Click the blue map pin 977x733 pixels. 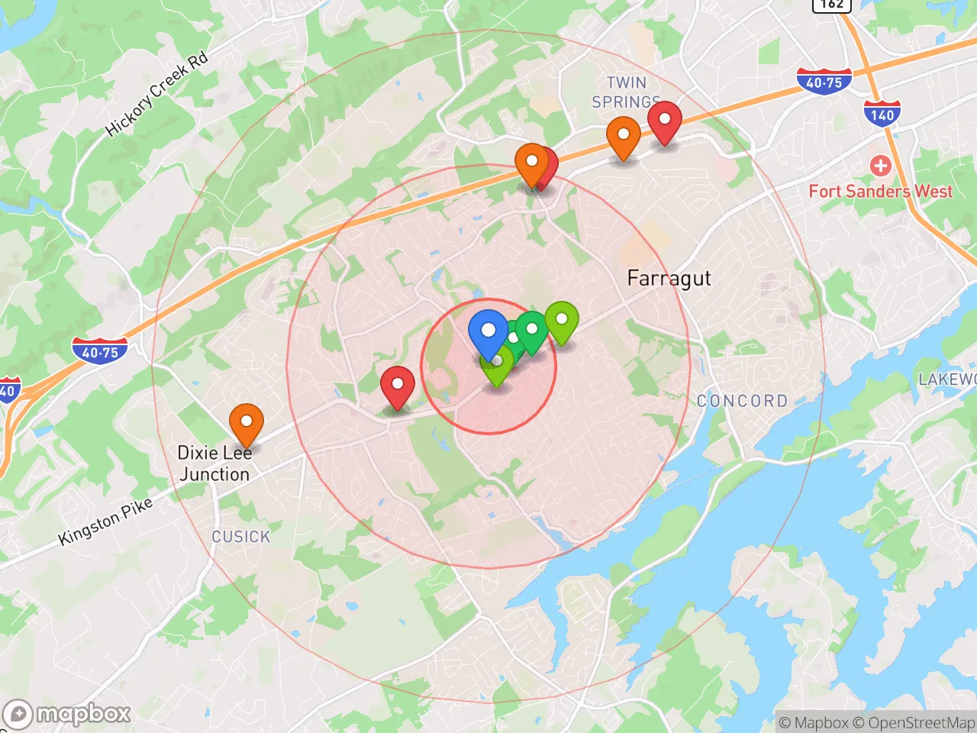click(488, 331)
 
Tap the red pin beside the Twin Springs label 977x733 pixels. click(665, 121)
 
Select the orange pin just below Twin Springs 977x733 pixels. click(623, 136)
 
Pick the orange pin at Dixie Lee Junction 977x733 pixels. click(247, 423)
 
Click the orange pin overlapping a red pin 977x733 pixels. click(531, 163)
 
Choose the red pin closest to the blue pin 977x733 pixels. click(397, 386)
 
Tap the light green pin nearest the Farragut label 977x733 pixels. click(561, 321)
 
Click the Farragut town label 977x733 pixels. click(669, 279)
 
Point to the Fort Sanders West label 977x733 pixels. click(880, 192)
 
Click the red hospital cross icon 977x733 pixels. click(880, 165)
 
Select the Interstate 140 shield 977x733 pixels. click(882, 115)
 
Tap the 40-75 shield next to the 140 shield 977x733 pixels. click(824, 82)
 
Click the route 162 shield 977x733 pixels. click(831, 5)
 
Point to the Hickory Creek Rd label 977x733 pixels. click(156, 95)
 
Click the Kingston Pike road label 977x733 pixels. click(105, 521)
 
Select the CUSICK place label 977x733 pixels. click(240, 537)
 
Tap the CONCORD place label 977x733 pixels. click(742, 401)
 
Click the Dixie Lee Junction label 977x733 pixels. click(214, 463)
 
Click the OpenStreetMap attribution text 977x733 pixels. click(921, 722)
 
